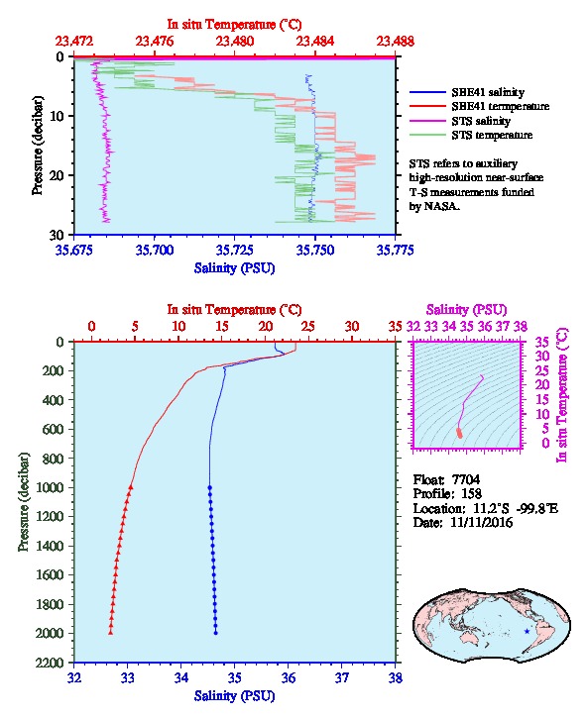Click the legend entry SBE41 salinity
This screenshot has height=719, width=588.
pyautogui.click(x=488, y=92)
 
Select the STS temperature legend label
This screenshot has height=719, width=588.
pyautogui.click(x=492, y=135)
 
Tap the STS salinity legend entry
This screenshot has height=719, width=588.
pyautogui.click(x=481, y=121)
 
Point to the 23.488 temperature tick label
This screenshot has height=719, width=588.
pyautogui.click(x=396, y=42)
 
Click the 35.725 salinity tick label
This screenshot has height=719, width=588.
pyautogui.click(x=235, y=250)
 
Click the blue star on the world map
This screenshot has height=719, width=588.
pyautogui.click(x=527, y=632)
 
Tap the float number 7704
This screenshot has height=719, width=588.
pyautogui.click(x=466, y=479)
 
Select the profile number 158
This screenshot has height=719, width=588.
pyautogui.click(x=471, y=494)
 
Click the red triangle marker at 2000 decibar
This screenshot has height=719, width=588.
pyautogui.click(x=111, y=632)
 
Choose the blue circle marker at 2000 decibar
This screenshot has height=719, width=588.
pyautogui.click(x=216, y=633)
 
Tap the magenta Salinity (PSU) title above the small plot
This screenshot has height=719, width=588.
pyautogui.click(x=466, y=310)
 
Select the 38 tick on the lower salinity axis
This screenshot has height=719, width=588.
pyautogui.click(x=396, y=677)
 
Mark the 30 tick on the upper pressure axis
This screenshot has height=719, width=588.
pyautogui.click(x=57, y=235)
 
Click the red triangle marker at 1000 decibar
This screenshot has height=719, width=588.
pyautogui.click(x=131, y=487)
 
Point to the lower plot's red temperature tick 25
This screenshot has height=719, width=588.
pyautogui.click(x=308, y=326)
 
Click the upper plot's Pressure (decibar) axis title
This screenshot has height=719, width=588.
pyautogui.click(x=38, y=146)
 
